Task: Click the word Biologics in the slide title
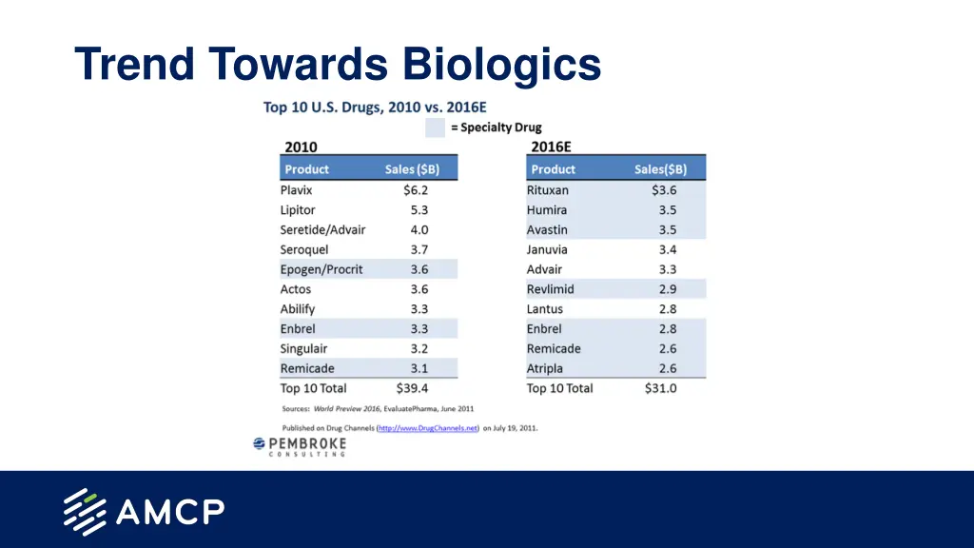501,65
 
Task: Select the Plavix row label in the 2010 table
296,190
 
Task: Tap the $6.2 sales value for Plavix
416,190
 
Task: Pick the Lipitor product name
298,210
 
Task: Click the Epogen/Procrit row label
321,269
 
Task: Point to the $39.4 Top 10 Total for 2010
412,388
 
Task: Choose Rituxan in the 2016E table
548,190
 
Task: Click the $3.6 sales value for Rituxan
662,190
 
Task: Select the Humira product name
547,210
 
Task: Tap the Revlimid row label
551,289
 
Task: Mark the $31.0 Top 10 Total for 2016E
660,388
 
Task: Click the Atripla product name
545,368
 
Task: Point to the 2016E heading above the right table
551,147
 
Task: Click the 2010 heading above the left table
301,147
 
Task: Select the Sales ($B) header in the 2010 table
412,169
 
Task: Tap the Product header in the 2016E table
554,169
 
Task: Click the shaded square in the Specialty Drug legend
435,127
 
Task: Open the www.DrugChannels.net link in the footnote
428,428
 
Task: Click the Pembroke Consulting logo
299,446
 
